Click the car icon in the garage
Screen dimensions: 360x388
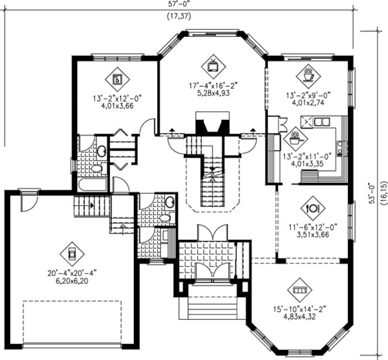coord(70,253)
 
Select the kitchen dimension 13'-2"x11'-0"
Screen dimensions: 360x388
coord(308,158)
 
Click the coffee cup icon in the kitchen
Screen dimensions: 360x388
coord(295,138)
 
